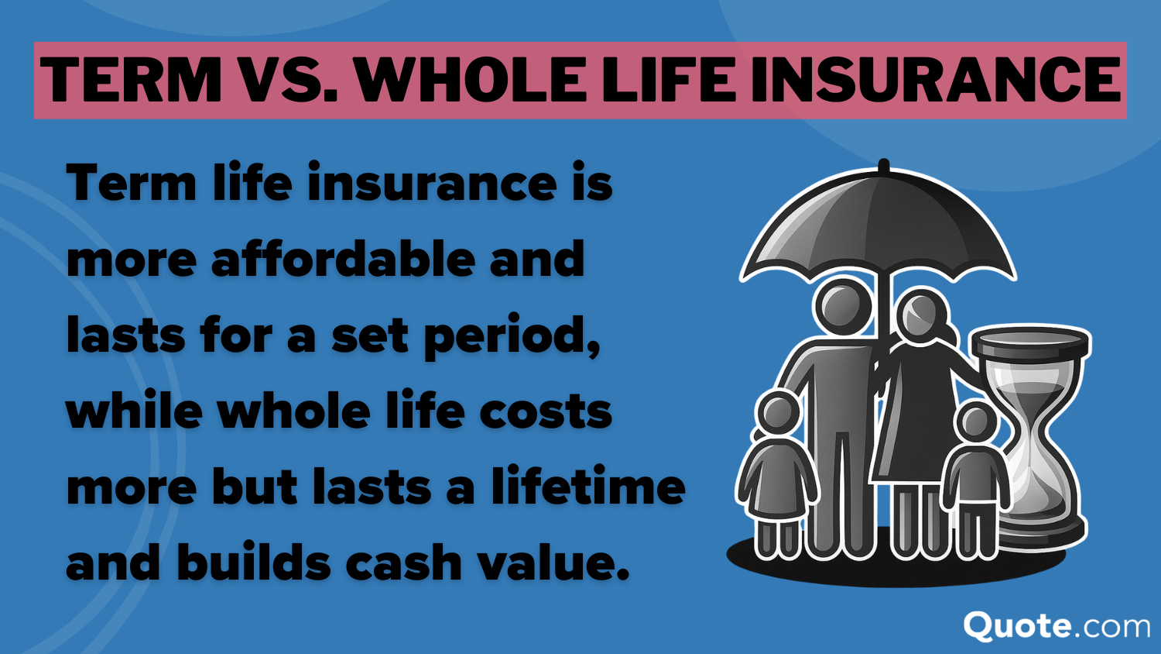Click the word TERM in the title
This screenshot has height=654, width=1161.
click(x=132, y=80)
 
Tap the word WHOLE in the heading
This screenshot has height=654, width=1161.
click(x=471, y=80)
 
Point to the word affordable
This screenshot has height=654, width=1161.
click(x=343, y=259)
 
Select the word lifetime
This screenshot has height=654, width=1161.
click(x=588, y=487)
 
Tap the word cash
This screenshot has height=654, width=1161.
click(x=403, y=563)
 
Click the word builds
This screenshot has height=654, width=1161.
click(x=254, y=563)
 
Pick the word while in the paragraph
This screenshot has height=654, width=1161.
click(x=135, y=411)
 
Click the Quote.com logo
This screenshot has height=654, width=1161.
click(x=1057, y=625)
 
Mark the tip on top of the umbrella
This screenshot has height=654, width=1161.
click(x=883, y=165)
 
